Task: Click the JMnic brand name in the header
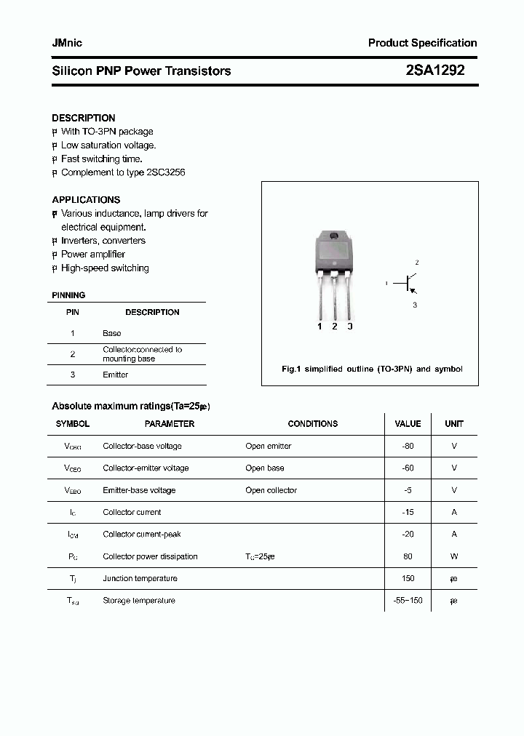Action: (67, 43)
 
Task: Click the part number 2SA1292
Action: (434, 71)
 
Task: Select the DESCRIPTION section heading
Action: (84, 118)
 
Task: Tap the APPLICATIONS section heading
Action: (86, 199)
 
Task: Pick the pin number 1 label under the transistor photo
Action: (319, 327)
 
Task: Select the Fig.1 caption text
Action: (371, 369)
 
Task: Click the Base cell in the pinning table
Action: (112, 333)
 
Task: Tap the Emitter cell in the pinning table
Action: (116, 375)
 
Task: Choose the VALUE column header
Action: (408, 423)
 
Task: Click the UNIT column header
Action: (454, 423)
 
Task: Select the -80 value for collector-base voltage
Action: (408, 446)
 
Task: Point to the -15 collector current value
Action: (408, 512)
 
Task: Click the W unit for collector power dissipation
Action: (454, 556)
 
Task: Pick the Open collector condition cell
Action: (271, 490)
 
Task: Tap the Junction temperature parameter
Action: (140, 578)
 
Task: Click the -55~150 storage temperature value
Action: (408, 601)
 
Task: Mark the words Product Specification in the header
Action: (422, 43)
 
